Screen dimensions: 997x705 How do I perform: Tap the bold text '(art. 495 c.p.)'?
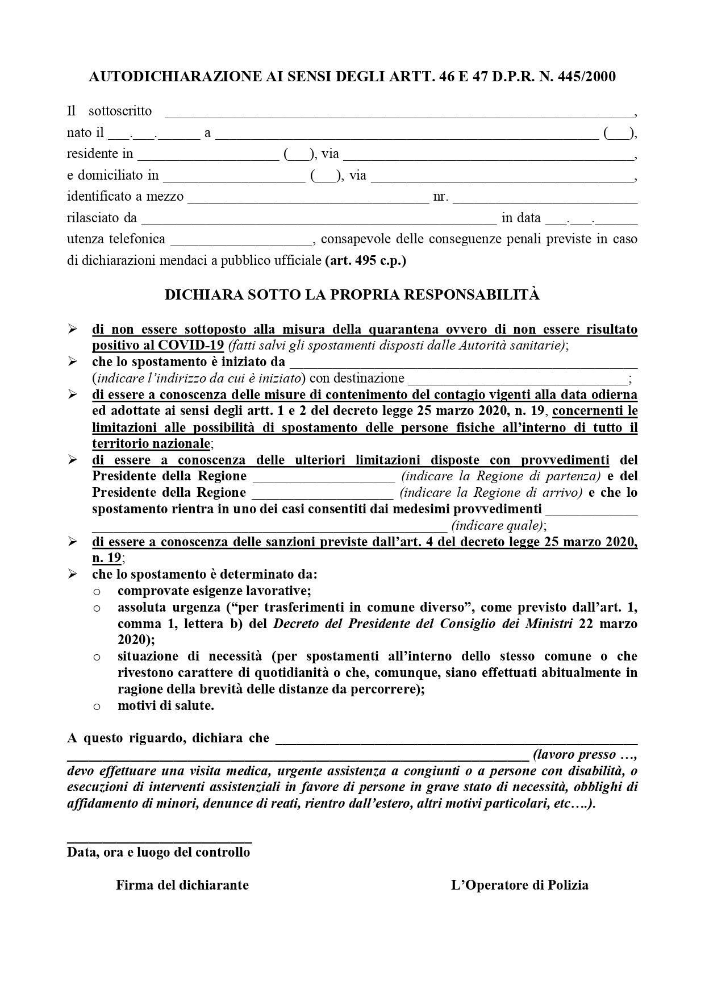click(x=365, y=260)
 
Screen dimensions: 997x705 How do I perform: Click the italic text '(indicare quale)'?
click(x=498, y=526)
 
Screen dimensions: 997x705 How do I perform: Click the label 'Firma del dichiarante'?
click(x=182, y=885)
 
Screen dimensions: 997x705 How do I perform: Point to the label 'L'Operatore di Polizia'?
click(x=519, y=885)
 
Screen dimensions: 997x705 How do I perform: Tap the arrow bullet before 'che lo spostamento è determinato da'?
click(x=72, y=574)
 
